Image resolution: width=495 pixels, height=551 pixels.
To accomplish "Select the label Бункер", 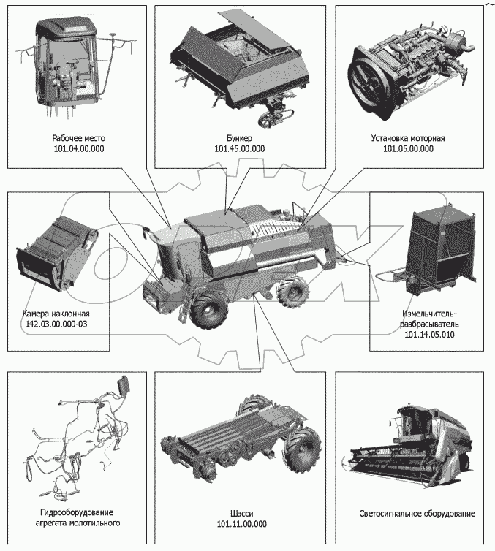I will (x=239, y=137).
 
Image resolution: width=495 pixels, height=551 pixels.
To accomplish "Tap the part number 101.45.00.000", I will (x=239, y=148).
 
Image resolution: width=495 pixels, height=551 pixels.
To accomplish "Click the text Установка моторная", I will (x=408, y=137).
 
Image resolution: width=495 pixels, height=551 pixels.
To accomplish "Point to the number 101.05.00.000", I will (x=408, y=148).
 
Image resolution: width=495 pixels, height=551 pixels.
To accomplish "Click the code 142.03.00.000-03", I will (x=56, y=323).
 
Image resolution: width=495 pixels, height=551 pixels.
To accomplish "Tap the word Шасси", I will (x=241, y=513).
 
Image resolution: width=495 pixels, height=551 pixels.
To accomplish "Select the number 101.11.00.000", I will (x=241, y=524).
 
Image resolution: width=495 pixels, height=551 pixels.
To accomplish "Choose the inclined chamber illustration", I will (x=56, y=252).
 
